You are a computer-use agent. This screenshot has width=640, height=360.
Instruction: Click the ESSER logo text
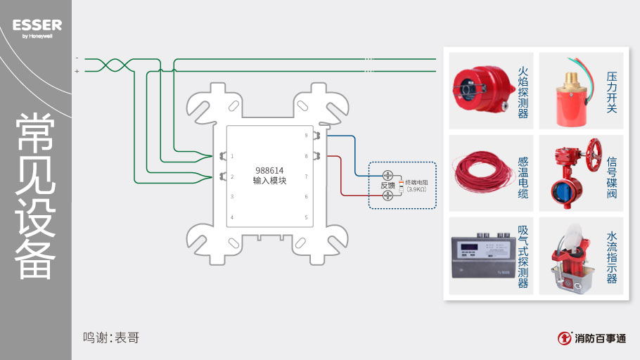coord(37,25)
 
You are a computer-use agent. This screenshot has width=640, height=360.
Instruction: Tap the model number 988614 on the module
coord(269,170)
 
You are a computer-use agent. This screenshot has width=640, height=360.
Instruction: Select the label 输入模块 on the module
coord(269,181)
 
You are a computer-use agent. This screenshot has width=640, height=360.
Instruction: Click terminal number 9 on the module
coord(306,135)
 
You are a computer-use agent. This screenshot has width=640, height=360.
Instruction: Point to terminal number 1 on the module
coord(232,156)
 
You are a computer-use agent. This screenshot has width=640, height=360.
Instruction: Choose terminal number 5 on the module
coord(306,217)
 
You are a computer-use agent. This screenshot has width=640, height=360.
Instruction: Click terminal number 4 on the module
coord(232,217)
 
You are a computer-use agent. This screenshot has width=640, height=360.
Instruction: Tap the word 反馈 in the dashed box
coord(388,186)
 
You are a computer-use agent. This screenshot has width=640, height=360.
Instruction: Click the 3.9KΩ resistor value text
coord(416,189)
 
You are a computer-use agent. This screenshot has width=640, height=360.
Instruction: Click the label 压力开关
coord(611,91)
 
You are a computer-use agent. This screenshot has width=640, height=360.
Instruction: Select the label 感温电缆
coord(523,176)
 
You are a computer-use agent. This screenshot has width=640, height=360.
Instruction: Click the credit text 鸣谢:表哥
coord(111,337)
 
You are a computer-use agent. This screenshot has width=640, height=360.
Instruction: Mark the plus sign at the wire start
coord(77,71)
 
